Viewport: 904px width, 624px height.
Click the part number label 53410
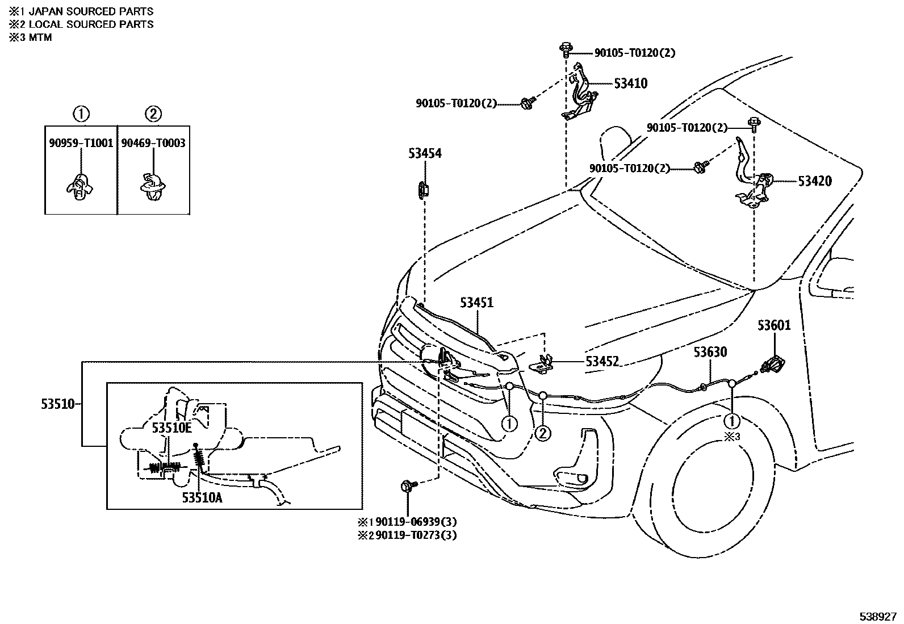630,83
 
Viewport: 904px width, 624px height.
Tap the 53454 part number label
424,153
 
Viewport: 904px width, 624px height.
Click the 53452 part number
602,361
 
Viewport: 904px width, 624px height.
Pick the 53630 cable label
709,352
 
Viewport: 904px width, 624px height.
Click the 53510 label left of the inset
57,404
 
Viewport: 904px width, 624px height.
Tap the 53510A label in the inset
202,497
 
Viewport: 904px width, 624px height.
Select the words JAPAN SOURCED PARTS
91,11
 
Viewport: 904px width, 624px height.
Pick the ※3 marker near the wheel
733,437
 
